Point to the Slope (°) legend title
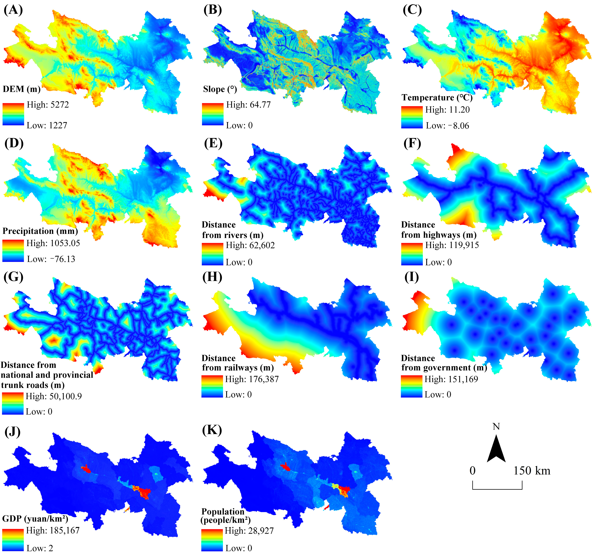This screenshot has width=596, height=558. pyautogui.click(x=220, y=89)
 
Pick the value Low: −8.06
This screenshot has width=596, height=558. pyautogui.click(x=447, y=126)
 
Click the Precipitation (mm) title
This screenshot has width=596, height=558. pyautogui.click(x=40, y=231)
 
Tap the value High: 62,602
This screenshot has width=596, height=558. pyautogui.click(x=250, y=245)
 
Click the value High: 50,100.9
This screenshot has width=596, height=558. pyautogui.click(x=53, y=396)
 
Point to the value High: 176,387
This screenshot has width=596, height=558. pyautogui.click(x=252, y=379)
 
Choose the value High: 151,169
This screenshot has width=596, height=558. pyautogui.click(x=451, y=379)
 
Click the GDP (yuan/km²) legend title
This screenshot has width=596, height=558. pyautogui.click(x=35, y=519)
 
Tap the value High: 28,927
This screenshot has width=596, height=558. pyautogui.click(x=249, y=531)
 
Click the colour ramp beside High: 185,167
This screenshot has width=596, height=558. pyautogui.click(x=13, y=540)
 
